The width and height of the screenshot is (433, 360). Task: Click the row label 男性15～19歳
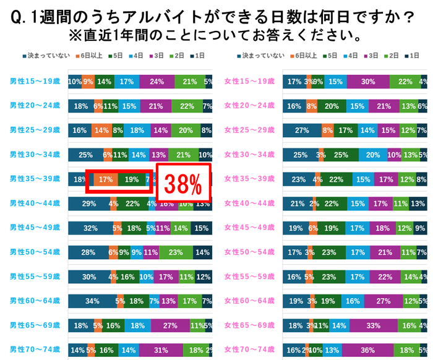pyautogui.click(x=34, y=81)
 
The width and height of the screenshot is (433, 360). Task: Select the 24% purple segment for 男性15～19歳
pyautogui.click(x=157, y=81)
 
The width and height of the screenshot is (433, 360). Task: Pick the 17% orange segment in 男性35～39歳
pyautogui.click(x=105, y=179)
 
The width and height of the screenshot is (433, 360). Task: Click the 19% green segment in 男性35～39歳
pyautogui.click(x=131, y=179)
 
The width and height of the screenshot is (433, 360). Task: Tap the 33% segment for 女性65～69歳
pyautogui.click(x=373, y=325)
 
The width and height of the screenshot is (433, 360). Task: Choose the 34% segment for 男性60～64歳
pyautogui.click(x=92, y=301)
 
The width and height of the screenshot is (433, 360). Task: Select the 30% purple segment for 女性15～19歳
pyautogui.click(x=368, y=81)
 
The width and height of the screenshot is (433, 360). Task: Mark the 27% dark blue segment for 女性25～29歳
pyautogui.click(x=302, y=131)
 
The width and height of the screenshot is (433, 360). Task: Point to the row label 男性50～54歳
pyautogui.click(x=34, y=252)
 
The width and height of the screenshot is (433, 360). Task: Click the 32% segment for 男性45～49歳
pyautogui.click(x=90, y=228)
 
